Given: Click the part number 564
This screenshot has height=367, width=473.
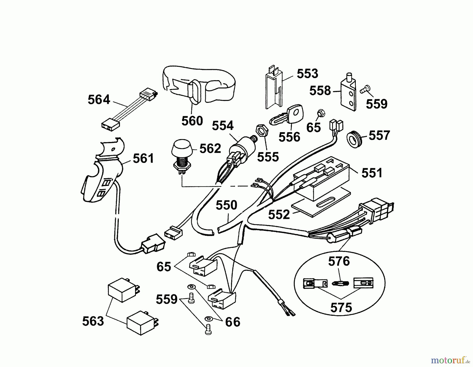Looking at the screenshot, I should coord(99,100).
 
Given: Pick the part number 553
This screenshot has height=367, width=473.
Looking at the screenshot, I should coord(307,74).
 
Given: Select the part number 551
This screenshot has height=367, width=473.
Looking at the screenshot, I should coord(372,173).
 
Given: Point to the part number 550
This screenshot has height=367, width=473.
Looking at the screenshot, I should coord(226,205).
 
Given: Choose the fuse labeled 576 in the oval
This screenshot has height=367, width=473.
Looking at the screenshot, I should coord(340,283).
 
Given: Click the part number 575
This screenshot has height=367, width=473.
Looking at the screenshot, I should coord(341,307).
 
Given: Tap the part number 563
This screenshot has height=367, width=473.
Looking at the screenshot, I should coord(93,321).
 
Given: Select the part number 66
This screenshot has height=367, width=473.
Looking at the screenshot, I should coord(233,322).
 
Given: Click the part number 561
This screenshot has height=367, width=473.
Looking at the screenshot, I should coord(143,159).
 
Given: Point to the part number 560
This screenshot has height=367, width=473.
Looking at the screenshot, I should coord(192,121).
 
